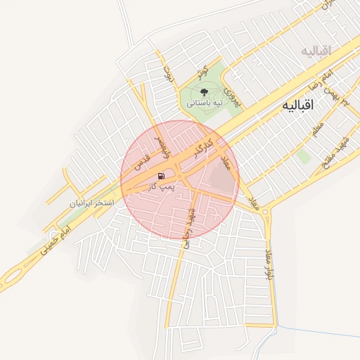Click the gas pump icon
tap(161, 176)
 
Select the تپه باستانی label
tap(204, 103)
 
